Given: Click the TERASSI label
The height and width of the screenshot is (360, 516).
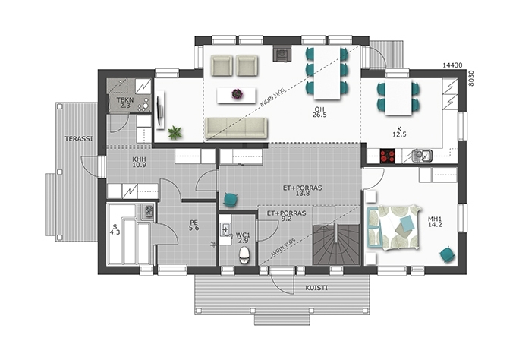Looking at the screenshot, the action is pyautogui.click(x=79, y=139).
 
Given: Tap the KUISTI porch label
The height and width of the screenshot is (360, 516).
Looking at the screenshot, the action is pyautogui.click(x=316, y=288).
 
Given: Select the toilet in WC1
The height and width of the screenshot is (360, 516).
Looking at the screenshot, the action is pyautogui.click(x=244, y=255).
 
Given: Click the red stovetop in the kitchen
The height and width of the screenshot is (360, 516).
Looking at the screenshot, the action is pyautogui.click(x=387, y=156).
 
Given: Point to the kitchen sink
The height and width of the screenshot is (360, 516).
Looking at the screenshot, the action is pyautogui.click(x=422, y=156).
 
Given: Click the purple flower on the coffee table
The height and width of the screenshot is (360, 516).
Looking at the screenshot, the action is pyautogui.click(x=237, y=94).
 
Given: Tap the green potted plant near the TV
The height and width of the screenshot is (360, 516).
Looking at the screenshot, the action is pyautogui.click(x=175, y=132).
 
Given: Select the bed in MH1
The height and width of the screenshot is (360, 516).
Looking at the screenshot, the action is pyautogui.click(x=393, y=227).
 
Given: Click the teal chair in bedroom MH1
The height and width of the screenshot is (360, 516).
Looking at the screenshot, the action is pyautogui.click(x=447, y=254).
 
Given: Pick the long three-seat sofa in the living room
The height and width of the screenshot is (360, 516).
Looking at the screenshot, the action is pyautogui.click(x=236, y=128).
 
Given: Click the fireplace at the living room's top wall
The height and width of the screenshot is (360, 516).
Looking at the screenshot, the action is pyautogui.click(x=282, y=54).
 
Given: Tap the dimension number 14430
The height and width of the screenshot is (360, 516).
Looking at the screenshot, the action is pyautogui.click(x=451, y=65).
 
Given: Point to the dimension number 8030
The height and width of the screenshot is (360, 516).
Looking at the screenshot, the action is pyautogui.click(x=471, y=78).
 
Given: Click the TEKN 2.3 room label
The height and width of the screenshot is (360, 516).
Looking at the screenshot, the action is pyautogui.click(x=125, y=103).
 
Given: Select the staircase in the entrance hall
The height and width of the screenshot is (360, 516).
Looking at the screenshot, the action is pyautogui.click(x=335, y=244).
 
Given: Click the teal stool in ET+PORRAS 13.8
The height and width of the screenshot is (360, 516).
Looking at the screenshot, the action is pyautogui.click(x=231, y=200).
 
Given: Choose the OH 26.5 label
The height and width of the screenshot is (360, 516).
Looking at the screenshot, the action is pyautogui.click(x=319, y=112).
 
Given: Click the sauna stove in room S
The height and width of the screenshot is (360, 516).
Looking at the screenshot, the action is pyautogui.click(x=149, y=211).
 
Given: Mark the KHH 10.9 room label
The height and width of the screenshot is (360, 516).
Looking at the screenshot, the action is pyautogui.click(x=139, y=162).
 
